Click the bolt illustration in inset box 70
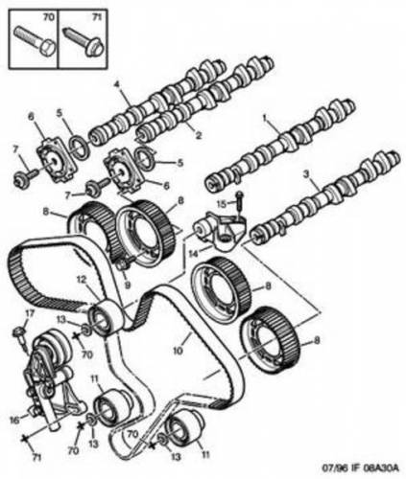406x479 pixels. point(35,41)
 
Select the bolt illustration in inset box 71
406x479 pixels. point(84,42)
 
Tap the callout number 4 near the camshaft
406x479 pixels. point(117,84)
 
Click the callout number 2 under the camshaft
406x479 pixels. point(199,136)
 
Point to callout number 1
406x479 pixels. point(265,119)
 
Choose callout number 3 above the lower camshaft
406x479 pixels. point(306,174)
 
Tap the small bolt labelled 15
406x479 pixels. point(240,201)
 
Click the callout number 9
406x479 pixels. point(128,285)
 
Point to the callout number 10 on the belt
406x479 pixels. point(178,351)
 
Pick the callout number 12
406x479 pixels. point(82,280)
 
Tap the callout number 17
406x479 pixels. point(30,314)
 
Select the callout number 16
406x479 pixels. point(14,421)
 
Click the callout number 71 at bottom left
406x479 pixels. point(36,458)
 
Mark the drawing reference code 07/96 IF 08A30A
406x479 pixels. point(360,468)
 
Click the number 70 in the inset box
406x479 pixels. point(49,17)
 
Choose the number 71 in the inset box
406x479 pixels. point(99,17)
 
